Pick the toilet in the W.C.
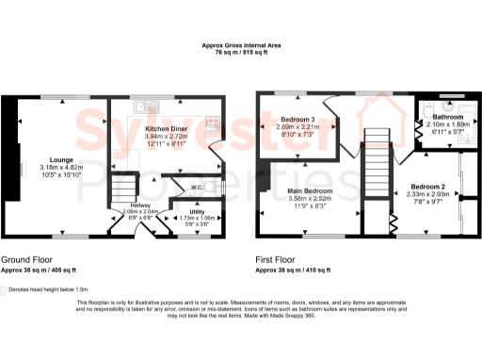(x=216, y=188)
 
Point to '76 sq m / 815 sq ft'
(x=240, y=53)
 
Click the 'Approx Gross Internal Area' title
(x=240, y=44)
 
